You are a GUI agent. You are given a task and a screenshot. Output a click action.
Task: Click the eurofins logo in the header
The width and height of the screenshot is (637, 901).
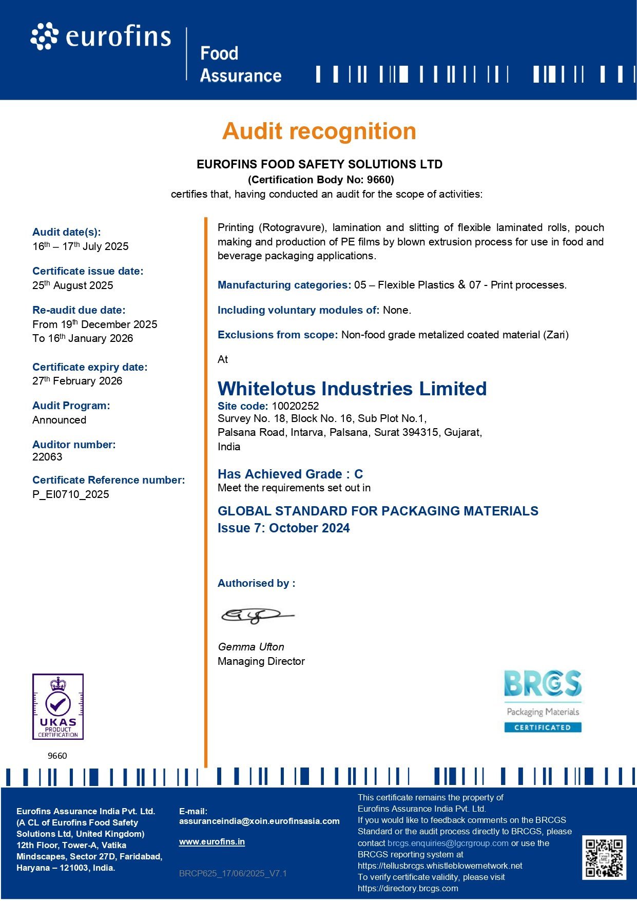pyautogui.click(x=101, y=37)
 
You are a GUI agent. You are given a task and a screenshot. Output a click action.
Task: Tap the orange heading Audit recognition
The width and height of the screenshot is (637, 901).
pyautogui.click(x=319, y=131)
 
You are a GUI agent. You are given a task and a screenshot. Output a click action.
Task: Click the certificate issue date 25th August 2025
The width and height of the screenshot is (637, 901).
pyautogui.click(x=73, y=285)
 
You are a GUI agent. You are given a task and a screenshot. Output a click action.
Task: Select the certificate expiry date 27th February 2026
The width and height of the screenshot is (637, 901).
pyautogui.click(x=78, y=381)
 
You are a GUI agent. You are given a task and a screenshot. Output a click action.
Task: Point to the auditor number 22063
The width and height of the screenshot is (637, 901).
pyautogui.click(x=47, y=457)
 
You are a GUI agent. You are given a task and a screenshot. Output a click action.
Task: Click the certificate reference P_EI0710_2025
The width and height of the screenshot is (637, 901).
pyautogui.click(x=71, y=494)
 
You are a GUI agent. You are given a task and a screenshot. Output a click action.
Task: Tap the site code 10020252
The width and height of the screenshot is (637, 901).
pyautogui.click(x=295, y=406)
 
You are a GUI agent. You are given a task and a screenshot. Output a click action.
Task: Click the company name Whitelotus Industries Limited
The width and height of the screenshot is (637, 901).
pyautogui.click(x=352, y=389)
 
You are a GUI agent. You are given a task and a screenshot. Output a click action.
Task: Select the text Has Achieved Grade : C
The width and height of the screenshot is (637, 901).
pyautogui.click(x=290, y=474)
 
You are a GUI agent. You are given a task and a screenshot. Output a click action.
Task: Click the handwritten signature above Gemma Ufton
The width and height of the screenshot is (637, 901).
pyautogui.click(x=257, y=615)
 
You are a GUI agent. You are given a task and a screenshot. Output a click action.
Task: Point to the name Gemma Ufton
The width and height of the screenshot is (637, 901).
pyautogui.click(x=251, y=647)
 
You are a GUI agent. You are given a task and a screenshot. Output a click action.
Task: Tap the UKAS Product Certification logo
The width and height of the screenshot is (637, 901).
pyautogui.click(x=58, y=706)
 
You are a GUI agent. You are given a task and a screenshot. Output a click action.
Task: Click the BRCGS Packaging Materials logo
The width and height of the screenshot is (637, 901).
pyautogui.click(x=543, y=701)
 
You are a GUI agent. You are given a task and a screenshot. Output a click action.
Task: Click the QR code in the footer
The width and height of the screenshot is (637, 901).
pyautogui.click(x=604, y=858)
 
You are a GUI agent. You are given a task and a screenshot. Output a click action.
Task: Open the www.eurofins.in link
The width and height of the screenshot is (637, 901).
pyautogui.click(x=212, y=842)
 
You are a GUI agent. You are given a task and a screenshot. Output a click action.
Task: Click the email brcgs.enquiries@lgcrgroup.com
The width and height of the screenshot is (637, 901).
pyautogui.click(x=448, y=843)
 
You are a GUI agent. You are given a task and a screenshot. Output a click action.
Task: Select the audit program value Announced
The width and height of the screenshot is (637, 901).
pyautogui.click(x=60, y=420)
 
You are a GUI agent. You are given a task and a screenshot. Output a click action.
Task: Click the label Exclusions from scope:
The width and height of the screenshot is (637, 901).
pyautogui.click(x=278, y=335)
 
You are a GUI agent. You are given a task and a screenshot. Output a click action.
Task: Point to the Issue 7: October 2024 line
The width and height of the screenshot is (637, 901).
pyautogui.click(x=283, y=528)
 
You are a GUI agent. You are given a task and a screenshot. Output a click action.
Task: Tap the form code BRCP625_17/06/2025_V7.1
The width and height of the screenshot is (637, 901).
pyautogui.click(x=233, y=873)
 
